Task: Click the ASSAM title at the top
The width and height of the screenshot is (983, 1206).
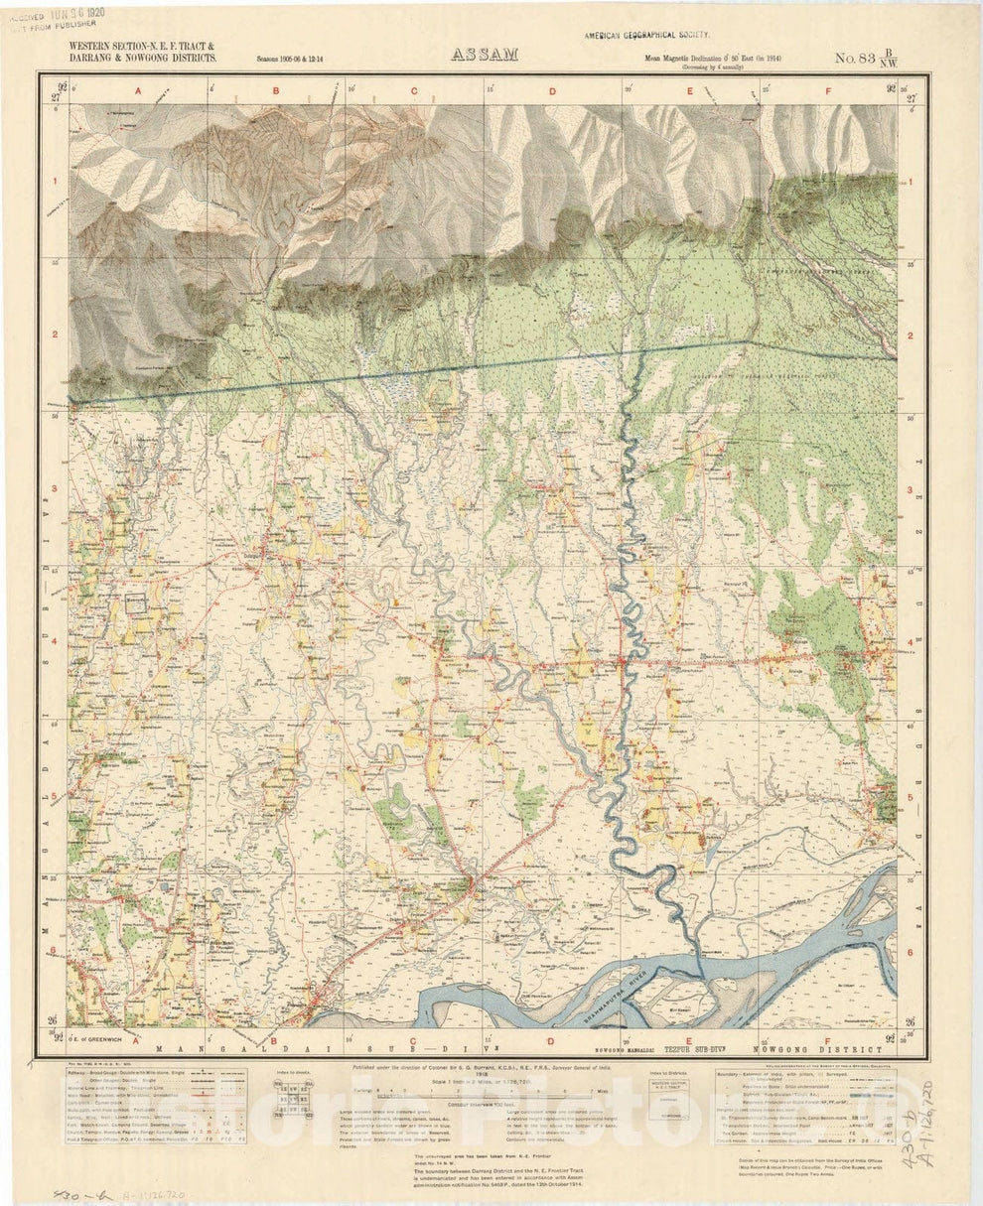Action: point(485,55)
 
